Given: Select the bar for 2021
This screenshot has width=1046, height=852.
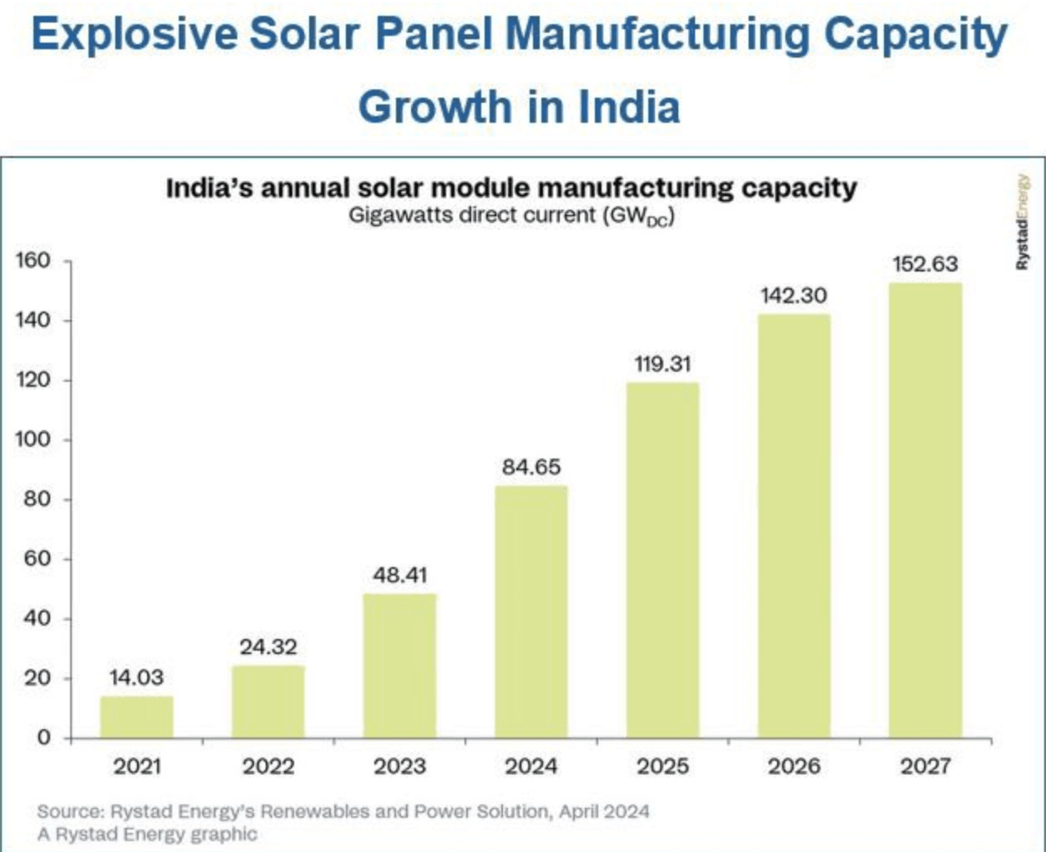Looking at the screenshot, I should [x=137, y=717].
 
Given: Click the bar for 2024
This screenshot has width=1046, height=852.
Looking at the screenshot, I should [x=531, y=611].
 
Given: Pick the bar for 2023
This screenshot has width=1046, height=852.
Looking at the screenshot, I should [x=399, y=665].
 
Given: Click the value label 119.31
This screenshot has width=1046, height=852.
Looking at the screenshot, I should [x=663, y=364].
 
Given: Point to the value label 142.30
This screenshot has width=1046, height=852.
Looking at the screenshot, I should [x=794, y=296].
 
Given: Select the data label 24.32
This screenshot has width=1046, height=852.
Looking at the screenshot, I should [x=268, y=647].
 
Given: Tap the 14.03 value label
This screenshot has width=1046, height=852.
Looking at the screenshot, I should [x=136, y=677].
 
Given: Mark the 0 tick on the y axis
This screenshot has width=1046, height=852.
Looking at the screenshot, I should [x=43, y=738].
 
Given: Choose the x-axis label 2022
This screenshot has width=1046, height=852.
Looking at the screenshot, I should [x=268, y=766].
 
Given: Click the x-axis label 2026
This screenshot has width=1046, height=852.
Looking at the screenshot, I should [x=794, y=766].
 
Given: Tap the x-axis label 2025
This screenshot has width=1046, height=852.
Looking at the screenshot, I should [x=663, y=766].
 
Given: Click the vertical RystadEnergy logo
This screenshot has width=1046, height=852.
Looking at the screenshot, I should [x=1022, y=222].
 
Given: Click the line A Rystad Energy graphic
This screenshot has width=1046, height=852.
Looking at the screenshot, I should [x=147, y=834].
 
